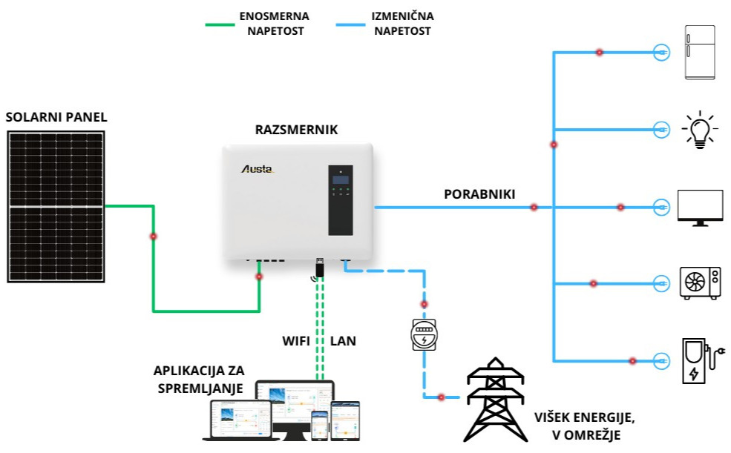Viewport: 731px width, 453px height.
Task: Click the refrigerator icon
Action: (x=700, y=53)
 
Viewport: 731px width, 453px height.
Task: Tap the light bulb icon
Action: (x=699, y=130)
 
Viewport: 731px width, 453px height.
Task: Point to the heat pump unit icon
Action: (x=701, y=282)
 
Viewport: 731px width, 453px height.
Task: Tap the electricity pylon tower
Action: (x=496, y=400)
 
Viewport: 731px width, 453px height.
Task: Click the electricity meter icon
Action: (x=424, y=334)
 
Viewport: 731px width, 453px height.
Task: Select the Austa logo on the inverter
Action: (x=258, y=169)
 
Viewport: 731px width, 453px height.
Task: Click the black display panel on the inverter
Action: (x=341, y=200)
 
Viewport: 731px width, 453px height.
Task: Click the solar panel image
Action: (x=56, y=207)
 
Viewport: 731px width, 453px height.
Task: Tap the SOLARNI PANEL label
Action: (x=56, y=117)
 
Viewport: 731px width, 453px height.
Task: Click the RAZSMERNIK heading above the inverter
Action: (x=296, y=130)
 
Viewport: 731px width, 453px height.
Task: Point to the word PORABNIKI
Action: (x=479, y=194)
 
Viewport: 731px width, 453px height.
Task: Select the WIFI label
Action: (x=296, y=341)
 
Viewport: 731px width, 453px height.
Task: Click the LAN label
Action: (x=343, y=341)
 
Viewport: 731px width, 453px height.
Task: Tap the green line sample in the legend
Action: (x=220, y=24)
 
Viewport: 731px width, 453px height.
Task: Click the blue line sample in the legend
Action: (x=350, y=24)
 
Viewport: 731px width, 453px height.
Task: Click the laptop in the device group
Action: (x=240, y=420)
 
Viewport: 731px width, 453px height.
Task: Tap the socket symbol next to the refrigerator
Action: (x=661, y=53)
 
